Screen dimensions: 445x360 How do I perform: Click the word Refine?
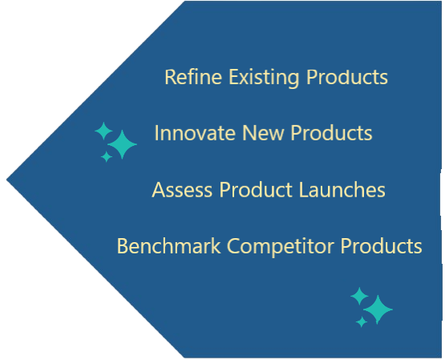pyautogui.click(x=193, y=77)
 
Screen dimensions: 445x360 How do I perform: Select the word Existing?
pyautogui.click(x=264, y=78)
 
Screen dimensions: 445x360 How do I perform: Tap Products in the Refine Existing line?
pyautogui.click(x=347, y=77)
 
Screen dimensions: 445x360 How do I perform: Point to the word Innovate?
pyautogui.click(x=195, y=133)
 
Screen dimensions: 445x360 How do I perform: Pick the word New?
pyautogui.click(x=262, y=133)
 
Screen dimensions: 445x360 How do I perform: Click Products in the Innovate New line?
pyautogui.click(x=331, y=133)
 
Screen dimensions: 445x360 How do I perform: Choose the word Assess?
pyautogui.click(x=182, y=189)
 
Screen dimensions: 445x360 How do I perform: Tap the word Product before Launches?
pyautogui.click(x=256, y=189)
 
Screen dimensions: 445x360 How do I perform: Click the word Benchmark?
pyautogui.click(x=168, y=245)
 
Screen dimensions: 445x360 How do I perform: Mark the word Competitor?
pyautogui.click(x=281, y=247)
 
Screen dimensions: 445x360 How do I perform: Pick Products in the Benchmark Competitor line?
pyautogui.click(x=381, y=245)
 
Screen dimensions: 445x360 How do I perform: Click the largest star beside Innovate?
pyautogui.click(x=122, y=144)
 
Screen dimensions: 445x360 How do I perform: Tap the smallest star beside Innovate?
pyautogui.click(x=107, y=156)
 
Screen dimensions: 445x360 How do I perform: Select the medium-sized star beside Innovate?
pyautogui.click(x=103, y=131)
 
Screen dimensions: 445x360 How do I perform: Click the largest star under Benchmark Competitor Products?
pyautogui.click(x=378, y=309)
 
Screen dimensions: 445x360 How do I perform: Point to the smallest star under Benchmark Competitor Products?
pyautogui.click(x=362, y=322)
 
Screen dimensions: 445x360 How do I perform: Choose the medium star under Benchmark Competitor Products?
pyautogui.click(x=359, y=296)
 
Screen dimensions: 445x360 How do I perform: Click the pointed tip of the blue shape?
pyautogui.click(x=6, y=180)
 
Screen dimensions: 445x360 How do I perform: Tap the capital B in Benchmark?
pyautogui.click(x=122, y=246)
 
